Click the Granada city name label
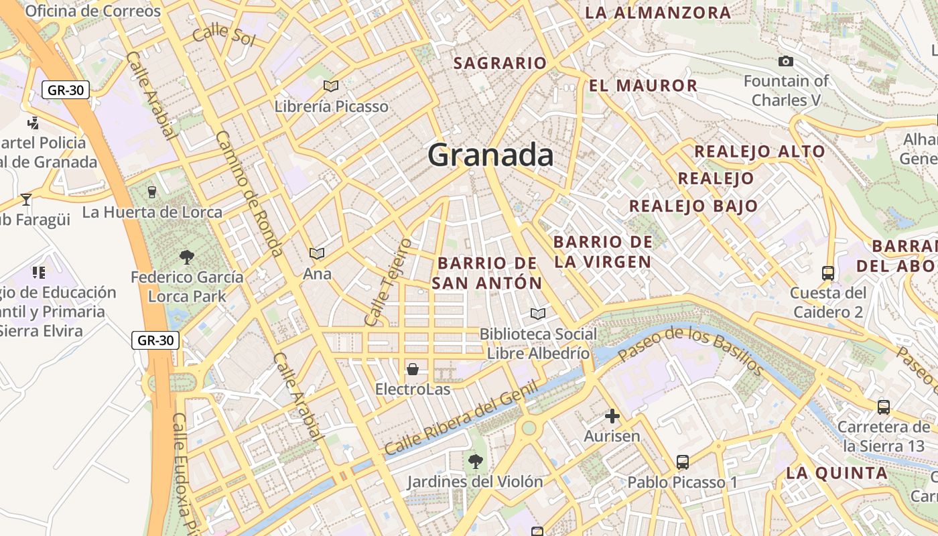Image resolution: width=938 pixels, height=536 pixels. click(490, 155)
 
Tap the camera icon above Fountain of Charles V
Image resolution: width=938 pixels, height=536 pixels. click(786, 62)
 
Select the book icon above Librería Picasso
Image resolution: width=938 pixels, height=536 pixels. click(330, 86)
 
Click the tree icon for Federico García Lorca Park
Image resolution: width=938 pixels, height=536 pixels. click(187, 256)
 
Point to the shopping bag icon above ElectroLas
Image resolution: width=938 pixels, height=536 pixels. click(413, 369)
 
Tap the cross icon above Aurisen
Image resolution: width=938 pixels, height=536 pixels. click(612, 416)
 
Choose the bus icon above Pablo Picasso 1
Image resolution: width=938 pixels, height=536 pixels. click(682, 462)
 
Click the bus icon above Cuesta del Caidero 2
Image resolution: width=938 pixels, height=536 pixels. click(828, 273)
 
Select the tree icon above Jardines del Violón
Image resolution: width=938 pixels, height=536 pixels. click(476, 461)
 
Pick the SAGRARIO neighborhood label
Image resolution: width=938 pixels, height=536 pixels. click(500, 63)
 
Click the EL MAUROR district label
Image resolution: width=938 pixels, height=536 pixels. click(643, 86)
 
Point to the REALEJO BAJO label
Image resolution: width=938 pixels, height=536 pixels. click(693, 206)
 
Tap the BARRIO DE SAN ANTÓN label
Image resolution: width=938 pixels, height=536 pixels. click(486, 273)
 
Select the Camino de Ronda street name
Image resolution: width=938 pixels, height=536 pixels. click(248, 194)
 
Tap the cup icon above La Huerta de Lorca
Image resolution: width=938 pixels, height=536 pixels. click(152, 192)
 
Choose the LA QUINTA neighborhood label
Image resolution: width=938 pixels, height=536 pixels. click(836, 473)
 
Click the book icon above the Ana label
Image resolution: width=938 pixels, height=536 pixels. click(317, 253)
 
